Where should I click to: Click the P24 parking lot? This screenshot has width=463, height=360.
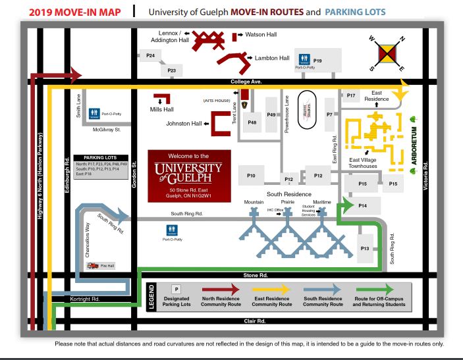pyautogui.click(x=150, y=56)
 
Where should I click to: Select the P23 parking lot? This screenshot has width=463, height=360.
pyautogui.click(x=172, y=70)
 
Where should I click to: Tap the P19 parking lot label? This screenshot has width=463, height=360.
pyautogui.click(x=318, y=61)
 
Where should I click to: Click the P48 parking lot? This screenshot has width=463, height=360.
pyautogui.click(x=252, y=122)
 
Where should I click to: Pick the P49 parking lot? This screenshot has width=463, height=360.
pyautogui.click(x=272, y=115)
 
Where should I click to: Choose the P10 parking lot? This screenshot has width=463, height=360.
pyautogui.click(x=251, y=176)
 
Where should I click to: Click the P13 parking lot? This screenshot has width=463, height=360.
pyautogui.click(x=365, y=247)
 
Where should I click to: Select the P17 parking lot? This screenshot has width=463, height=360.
pyautogui.click(x=351, y=96)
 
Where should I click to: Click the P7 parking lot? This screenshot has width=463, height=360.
pyautogui.click(x=329, y=115)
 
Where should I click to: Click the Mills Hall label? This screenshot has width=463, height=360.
pyautogui.click(x=161, y=109)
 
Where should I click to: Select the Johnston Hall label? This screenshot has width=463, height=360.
pyautogui.click(x=184, y=123)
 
